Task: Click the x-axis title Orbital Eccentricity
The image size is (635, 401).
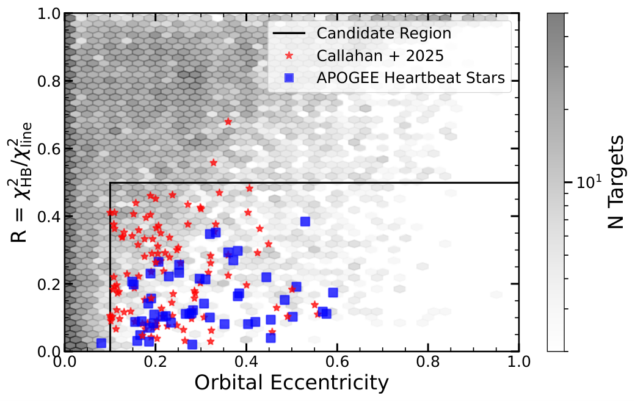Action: tap(292, 383)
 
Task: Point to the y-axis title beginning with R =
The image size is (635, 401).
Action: tap(20, 182)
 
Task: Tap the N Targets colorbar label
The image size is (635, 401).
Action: tap(615, 182)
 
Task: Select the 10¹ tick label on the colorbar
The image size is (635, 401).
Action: tap(589, 182)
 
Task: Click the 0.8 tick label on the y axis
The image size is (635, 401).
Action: tap(49, 81)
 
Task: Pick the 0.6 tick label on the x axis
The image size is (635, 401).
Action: tap(337, 361)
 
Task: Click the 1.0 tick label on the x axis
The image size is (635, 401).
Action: tap(519, 361)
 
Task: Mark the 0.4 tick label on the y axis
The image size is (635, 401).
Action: tap(49, 217)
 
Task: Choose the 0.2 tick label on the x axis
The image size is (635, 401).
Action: tap(156, 361)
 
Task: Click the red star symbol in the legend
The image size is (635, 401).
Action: tap(289, 56)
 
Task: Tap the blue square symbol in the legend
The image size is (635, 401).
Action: tap(289, 78)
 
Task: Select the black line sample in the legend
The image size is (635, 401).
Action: tap(289, 33)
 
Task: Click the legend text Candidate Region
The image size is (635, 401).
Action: tap(384, 33)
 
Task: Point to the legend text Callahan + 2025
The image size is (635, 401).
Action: tap(380, 56)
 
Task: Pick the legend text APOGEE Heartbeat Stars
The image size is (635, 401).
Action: tap(411, 78)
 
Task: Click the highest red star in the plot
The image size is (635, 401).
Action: tap(228, 121)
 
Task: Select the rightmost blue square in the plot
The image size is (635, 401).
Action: tap(333, 292)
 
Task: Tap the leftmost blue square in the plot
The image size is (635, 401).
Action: tap(101, 343)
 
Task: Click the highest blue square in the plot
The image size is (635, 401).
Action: tap(305, 222)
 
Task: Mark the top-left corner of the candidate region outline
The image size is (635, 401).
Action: tap(110, 183)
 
